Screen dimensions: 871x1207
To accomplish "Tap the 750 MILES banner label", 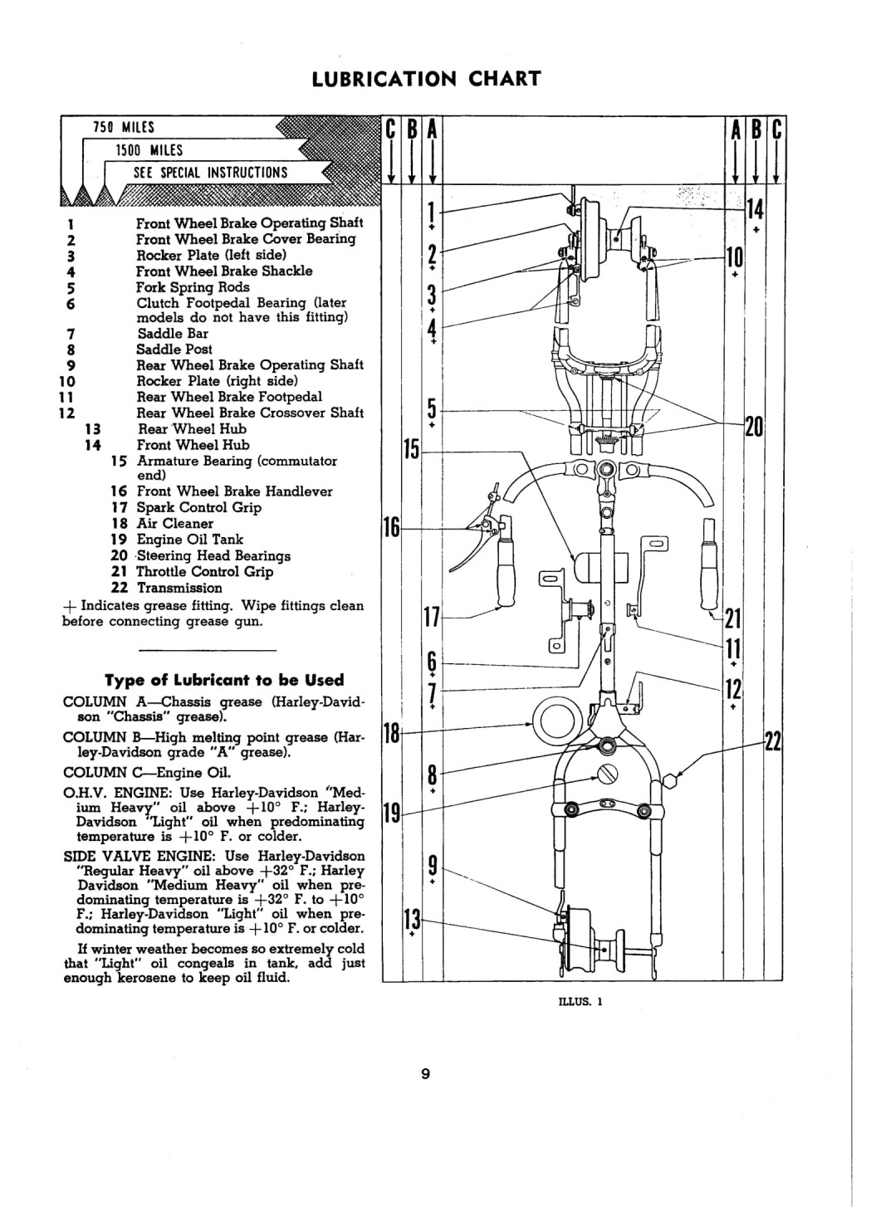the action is pos(124,127).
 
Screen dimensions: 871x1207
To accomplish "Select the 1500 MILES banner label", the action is pos(149,150).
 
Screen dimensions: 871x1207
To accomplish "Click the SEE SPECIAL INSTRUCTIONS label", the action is pos(211,173).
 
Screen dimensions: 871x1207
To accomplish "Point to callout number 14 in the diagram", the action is pos(756,209).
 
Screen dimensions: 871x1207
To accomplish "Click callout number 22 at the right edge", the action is pos(774,743).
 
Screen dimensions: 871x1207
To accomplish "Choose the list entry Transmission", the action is pos(179,588).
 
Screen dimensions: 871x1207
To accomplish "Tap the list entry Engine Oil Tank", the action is pos(189,540).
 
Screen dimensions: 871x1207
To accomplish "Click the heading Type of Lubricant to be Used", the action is pos(224,680).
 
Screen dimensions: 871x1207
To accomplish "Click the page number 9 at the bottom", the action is pos(425,1074).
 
